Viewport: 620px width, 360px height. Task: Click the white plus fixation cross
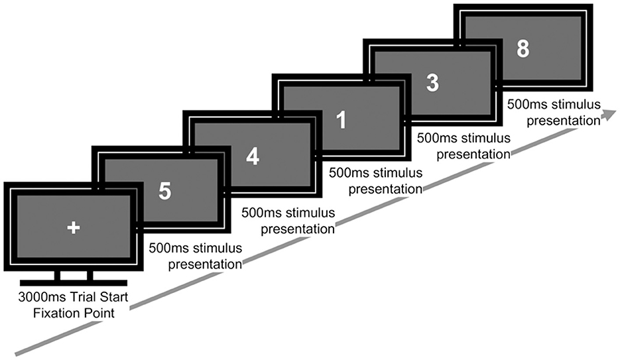point(74,227)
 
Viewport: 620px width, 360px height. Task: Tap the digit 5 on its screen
point(165,191)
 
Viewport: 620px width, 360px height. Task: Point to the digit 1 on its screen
point(341,119)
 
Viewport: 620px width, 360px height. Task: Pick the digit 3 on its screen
point(432,84)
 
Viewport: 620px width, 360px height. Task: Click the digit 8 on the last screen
point(523,49)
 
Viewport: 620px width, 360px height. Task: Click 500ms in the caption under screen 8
point(525,105)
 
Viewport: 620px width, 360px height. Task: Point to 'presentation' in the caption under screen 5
point(204,265)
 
